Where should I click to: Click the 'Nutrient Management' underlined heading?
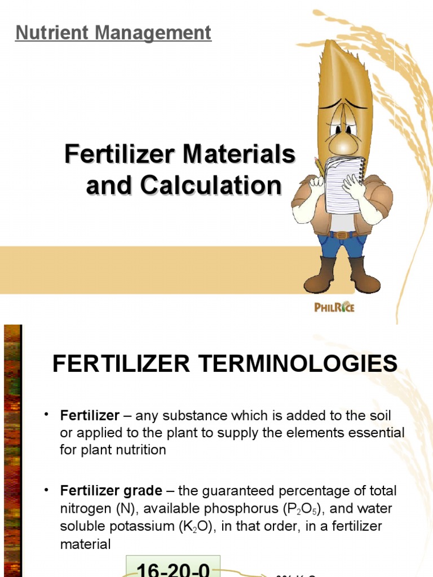pos(113,33)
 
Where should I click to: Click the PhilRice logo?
pos(334,307)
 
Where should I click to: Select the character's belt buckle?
pos(341,234)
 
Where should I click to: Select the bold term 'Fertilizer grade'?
pos(111,491)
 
